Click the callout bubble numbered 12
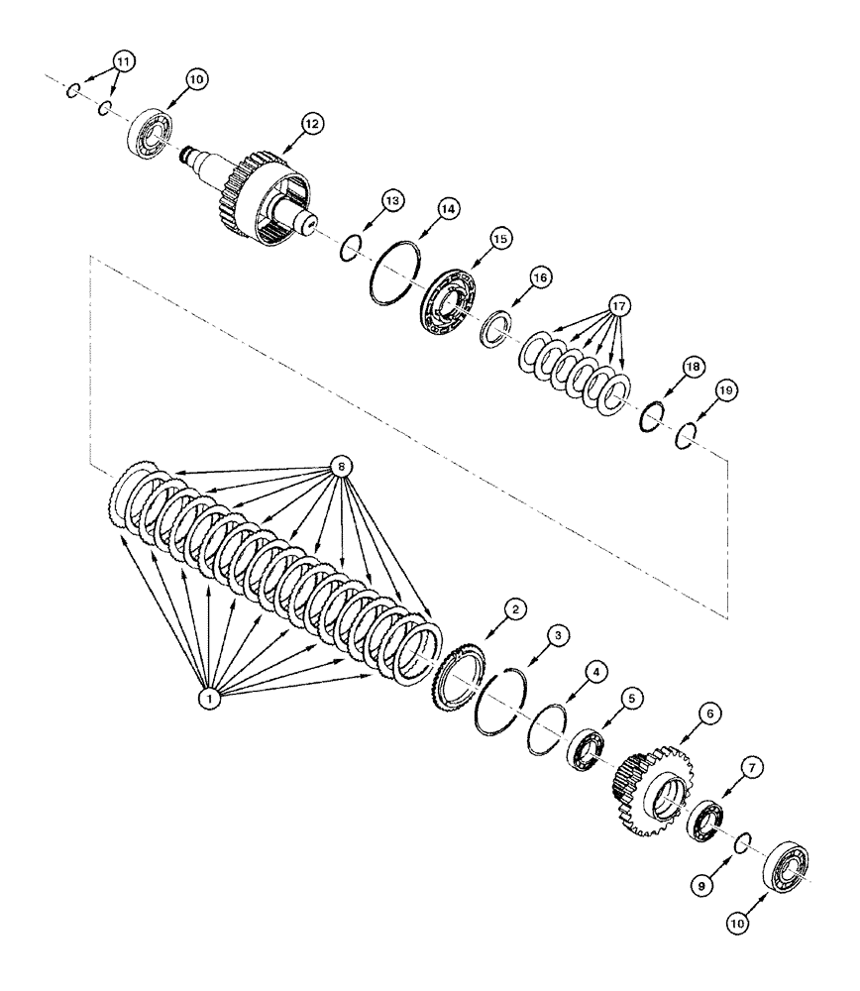(312, 124)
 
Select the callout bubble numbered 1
(209, 699)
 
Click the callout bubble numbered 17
(618, 307)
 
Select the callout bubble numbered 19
(727, 392)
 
